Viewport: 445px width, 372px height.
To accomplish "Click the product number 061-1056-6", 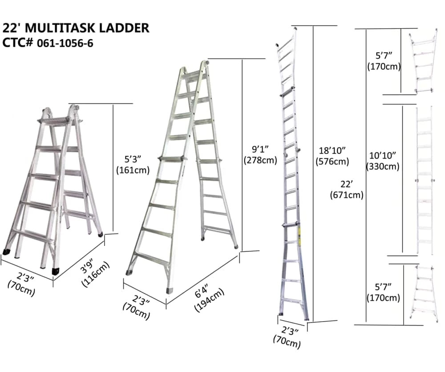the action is click(x=65, y=43).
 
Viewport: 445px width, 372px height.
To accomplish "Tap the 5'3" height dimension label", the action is click(x=133, y=159).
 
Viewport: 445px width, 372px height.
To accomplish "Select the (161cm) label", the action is click(x=133, y=170).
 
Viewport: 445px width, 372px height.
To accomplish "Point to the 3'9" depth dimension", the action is click(x=87, y=267).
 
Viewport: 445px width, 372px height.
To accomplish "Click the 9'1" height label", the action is click(x=260, y=149).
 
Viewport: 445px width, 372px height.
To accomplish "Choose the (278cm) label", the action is click(x=260, y=160).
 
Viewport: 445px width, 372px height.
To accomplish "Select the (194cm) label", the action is click(x=210, y=300).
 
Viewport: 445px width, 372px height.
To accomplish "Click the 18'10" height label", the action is click(x=332, y=150).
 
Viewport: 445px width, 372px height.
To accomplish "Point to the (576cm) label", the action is click(x=332, y=161).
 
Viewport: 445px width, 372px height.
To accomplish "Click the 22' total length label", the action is click(x=347, y=184).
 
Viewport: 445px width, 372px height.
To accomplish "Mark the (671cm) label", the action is click(x=347, y=195).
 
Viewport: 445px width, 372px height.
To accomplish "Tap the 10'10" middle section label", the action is click(x=383, y=155).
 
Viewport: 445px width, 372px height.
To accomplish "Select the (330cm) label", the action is click(x=383, y=166).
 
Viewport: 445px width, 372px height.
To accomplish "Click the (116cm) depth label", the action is click(x=95, y=274).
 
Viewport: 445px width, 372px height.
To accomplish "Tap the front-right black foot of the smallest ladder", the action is click(x=56, y=271).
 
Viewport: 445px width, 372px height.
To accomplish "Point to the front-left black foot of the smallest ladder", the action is click(x=6, y=252).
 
